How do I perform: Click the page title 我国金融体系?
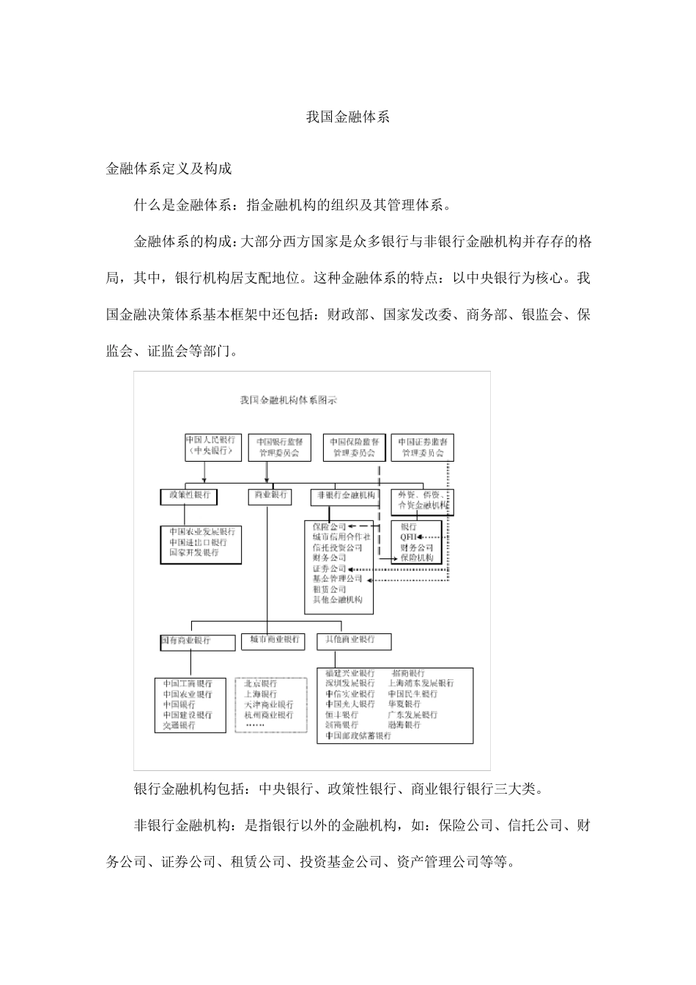tap(347, 117)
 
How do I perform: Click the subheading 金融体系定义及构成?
tap(169, 169)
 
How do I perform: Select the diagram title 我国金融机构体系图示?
tap(289, 400)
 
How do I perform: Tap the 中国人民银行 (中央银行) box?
tap(212, 446)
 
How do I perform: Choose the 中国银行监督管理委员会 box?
tap(280, 447)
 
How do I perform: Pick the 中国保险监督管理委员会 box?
tap(354, 447)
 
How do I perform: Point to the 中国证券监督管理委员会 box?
tap(423, 447)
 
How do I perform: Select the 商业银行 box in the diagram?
tap(270, 495)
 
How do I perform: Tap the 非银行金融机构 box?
tap(344, 495)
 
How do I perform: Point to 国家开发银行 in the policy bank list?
tap(194, 553)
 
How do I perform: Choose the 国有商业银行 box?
tap(188, 641)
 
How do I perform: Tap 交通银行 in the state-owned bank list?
tap(179, 725)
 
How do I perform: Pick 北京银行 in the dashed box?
tap(261, 684)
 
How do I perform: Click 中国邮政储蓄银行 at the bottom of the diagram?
tap(358, 735)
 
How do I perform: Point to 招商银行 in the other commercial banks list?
tap(408, 673)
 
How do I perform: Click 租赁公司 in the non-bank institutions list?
tap(329, 589)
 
